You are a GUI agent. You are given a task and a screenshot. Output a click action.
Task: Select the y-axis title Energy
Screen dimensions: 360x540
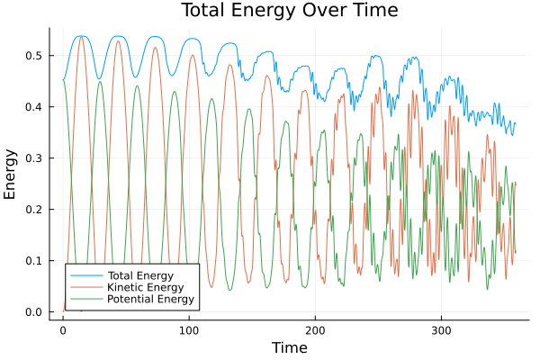pos(11,174)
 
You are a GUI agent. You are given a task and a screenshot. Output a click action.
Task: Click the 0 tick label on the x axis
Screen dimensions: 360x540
pos(62,329)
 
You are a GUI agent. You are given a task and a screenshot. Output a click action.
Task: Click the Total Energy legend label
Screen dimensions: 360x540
pos(140,274)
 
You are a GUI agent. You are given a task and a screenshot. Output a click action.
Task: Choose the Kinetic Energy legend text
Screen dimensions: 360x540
pos(145,286)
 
